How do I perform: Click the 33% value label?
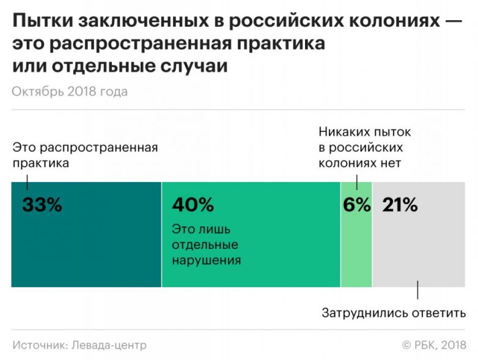click(x=42, y=205)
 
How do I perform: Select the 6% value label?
click(x=356, y=205)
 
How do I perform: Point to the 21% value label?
click(x=400, y=205)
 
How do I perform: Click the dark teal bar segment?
click(x=86, y=257)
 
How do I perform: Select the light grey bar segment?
click(x=422, y=251)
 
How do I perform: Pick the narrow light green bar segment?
click(x=356, y=257)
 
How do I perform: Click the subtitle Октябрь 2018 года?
click(x=70, y=92)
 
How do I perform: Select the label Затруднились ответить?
click(x=394, y=314)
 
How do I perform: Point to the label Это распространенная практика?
click(x=84, y=155)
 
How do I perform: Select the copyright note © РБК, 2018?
click(x=434, y=345)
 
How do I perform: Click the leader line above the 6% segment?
click(x=356, y=176)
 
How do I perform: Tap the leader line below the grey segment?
click(x=418, y=290)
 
